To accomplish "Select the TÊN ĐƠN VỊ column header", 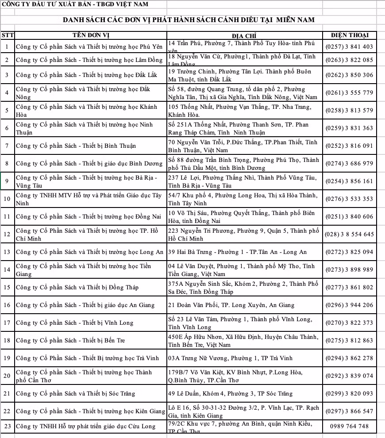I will click(x=91, y=35).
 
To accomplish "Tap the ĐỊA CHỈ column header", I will click(x=244, y=35).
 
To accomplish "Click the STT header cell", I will click(x=8, y=35).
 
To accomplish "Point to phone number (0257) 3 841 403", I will click(x=349, y=46).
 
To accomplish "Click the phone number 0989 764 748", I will click(x=349, y=426).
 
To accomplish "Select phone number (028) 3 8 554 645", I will click(x=349, y=234).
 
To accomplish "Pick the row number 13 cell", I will click(x=7, y=252).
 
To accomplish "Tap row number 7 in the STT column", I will click(x=7, y=146).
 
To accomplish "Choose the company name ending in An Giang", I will click(x=85, y=305).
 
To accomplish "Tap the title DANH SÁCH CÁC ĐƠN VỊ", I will click(x=189, y=20).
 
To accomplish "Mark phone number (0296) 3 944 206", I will click(x=349, y=305).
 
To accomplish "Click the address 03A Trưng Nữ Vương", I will click(x=230, y=358).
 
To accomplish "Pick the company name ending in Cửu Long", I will click(x=86, y=426).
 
